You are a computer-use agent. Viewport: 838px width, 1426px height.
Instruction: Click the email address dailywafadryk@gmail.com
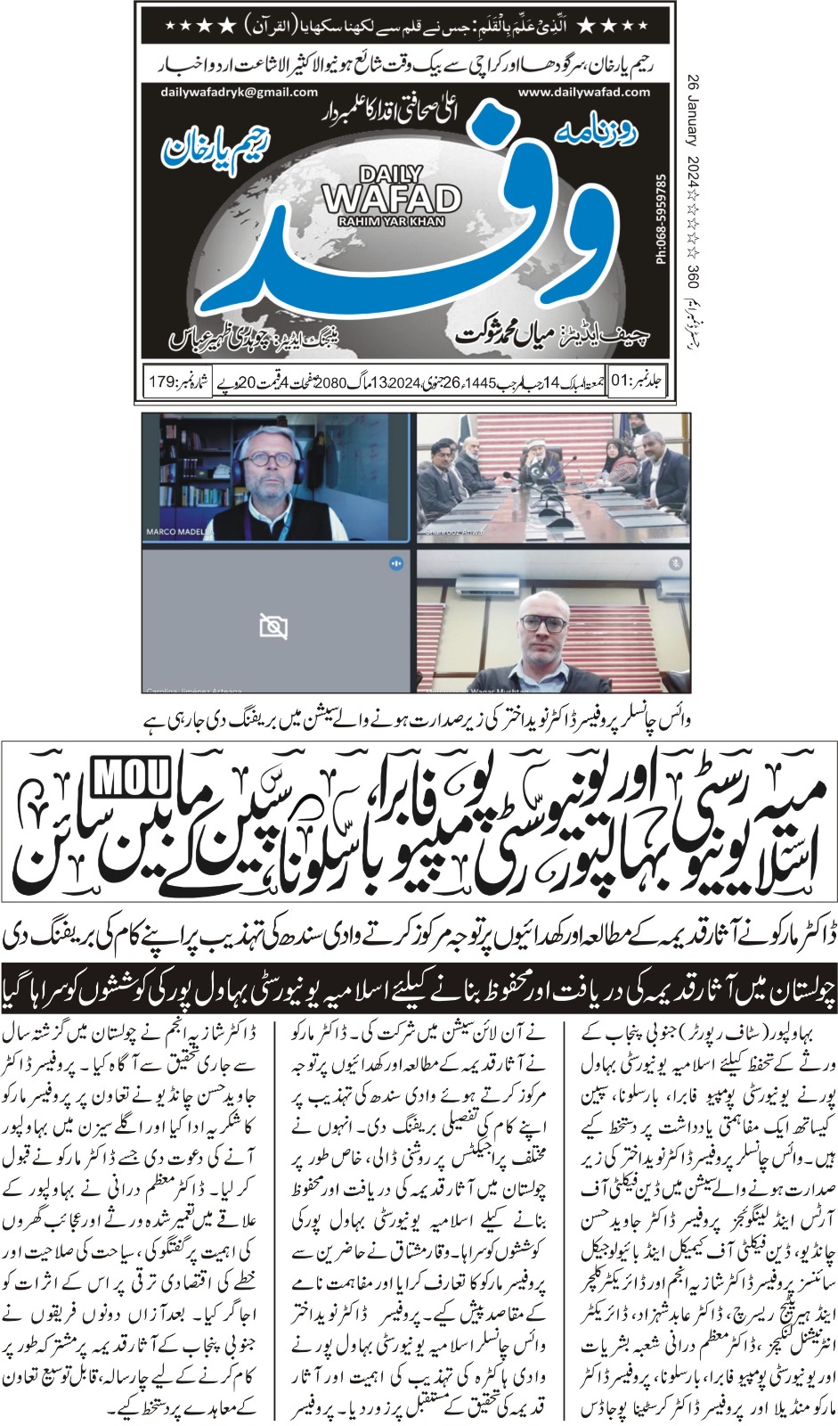[x=240, y=92]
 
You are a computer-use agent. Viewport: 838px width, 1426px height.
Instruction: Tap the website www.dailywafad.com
[x=583, y=92]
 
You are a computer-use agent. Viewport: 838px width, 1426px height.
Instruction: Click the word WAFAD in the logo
[x=391, y=198]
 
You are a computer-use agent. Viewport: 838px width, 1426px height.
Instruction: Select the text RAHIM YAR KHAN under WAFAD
[x=391, y=221]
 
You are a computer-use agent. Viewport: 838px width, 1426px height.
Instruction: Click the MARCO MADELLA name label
[x=180, y=532]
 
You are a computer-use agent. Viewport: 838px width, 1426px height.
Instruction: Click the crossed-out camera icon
[x=273, y=626]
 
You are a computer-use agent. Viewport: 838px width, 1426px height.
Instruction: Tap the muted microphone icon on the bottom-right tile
[x=675, y=562]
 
